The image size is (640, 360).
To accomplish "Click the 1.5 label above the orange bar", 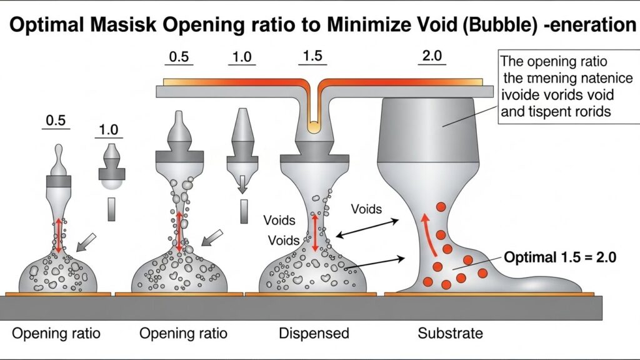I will tap(312, 56).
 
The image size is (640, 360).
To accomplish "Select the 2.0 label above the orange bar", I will tap(432, 56).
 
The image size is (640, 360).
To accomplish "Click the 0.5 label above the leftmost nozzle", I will tap(56, 120).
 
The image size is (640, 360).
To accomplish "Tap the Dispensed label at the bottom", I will tap(314, 332).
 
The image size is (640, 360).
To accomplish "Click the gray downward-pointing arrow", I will tap(242, 182).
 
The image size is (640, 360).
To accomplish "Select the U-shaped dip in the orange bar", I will tap(312, 112).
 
